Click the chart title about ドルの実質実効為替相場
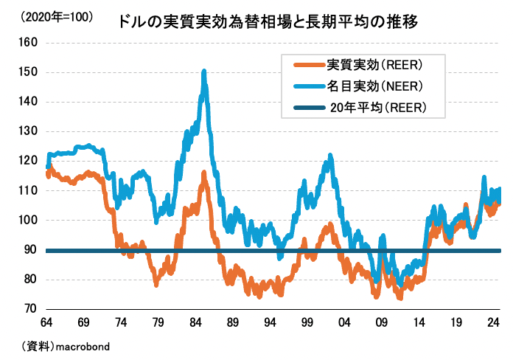coord(268,22)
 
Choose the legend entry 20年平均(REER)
coord(377,109)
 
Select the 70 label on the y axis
coord(29,308)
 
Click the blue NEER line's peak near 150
coord(203,72)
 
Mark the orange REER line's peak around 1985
coord(203,173)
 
